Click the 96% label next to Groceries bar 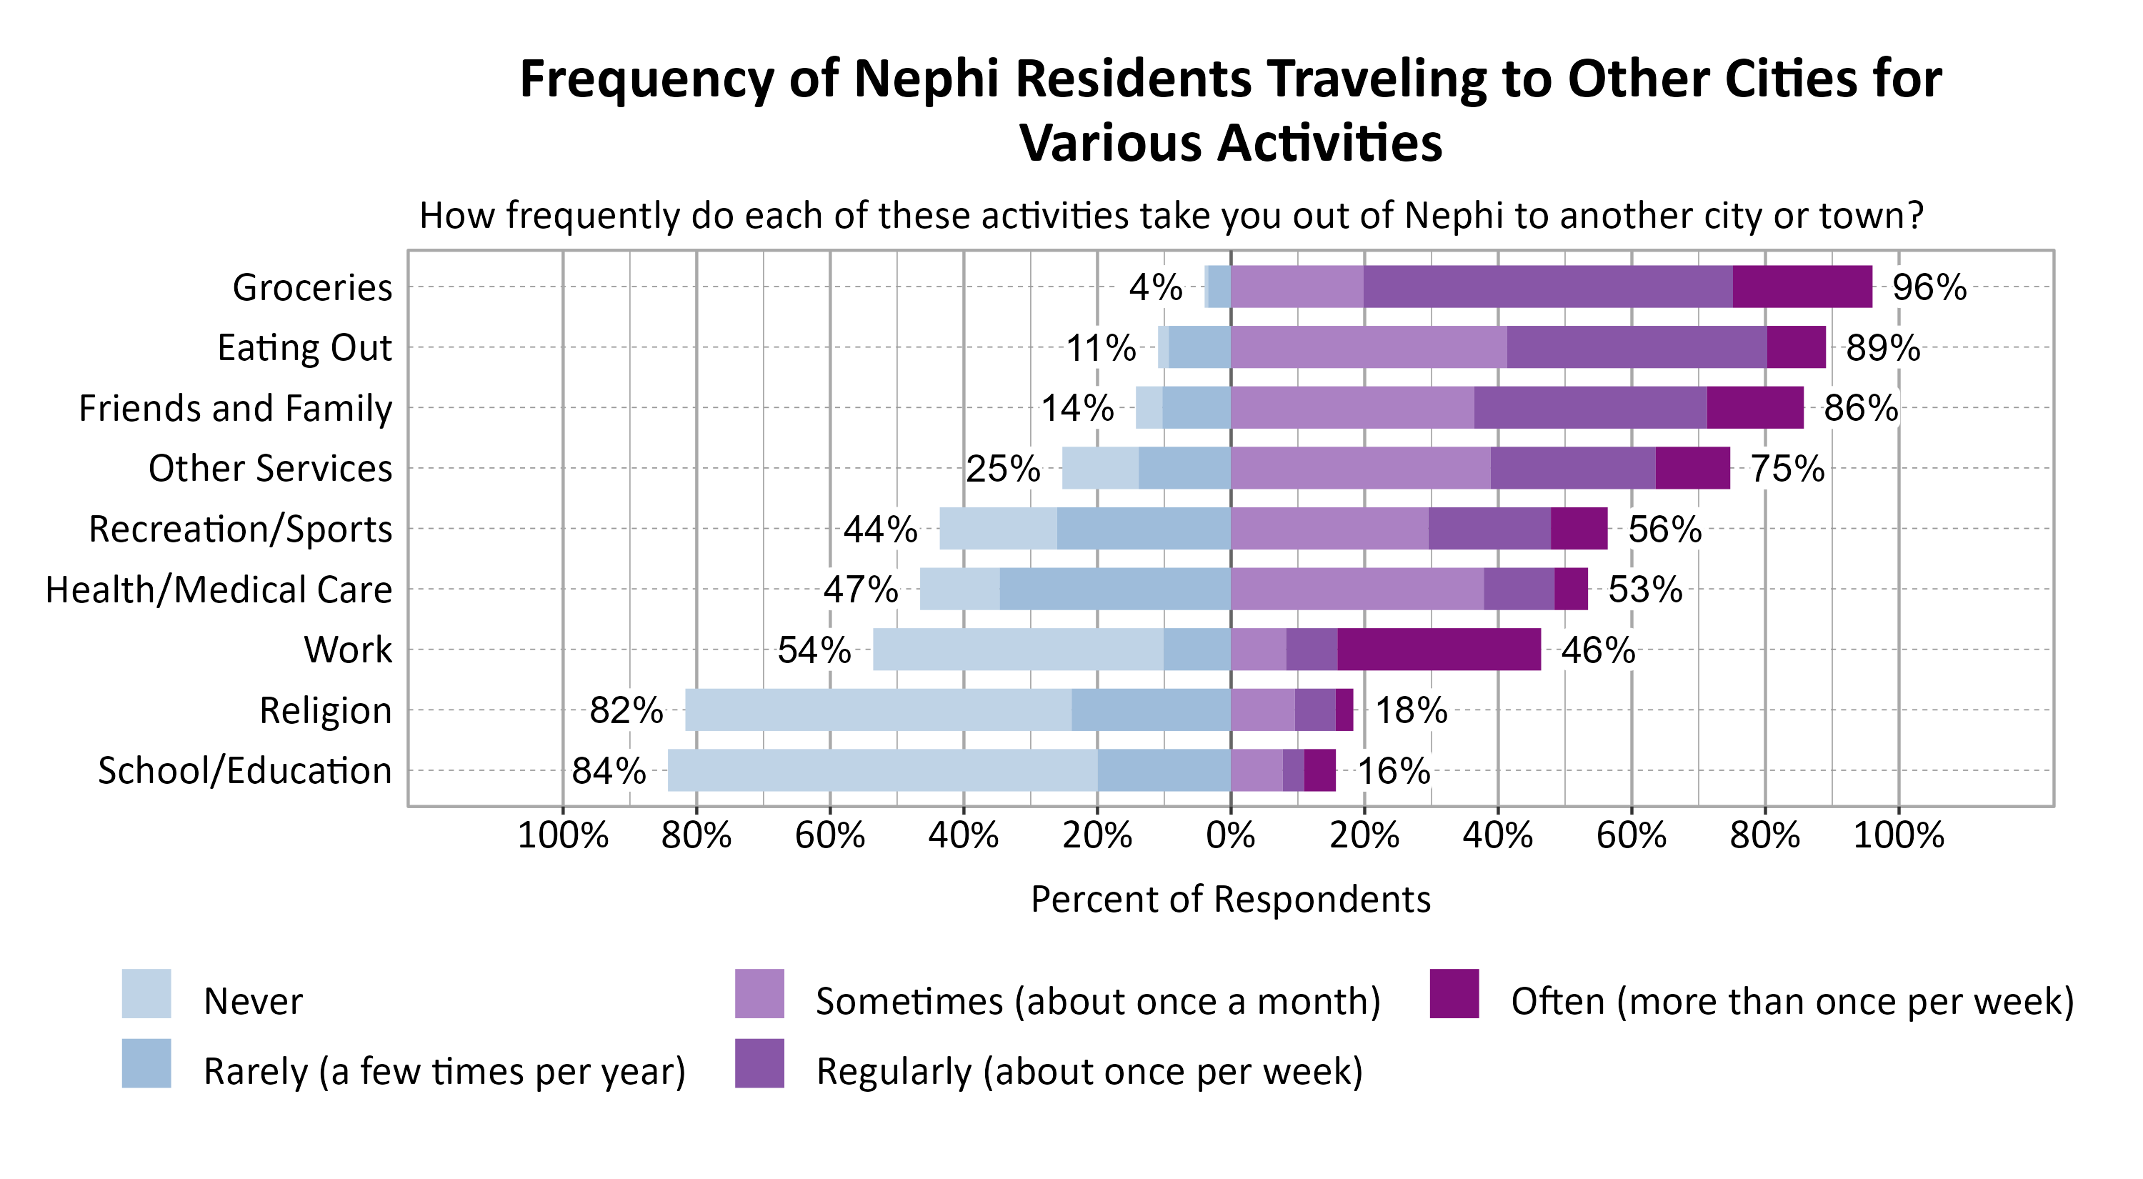coord(1929,287)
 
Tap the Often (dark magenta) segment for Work coord(1439,650)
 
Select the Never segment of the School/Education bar coord(881,770)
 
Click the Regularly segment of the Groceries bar coord(1547,287)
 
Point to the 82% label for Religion coord(626,710)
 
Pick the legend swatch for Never coord(146,993)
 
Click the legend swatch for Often coord(1454,993)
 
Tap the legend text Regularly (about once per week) coord(1089,1072)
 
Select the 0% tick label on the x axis coord(1230,835)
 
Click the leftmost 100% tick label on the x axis coord(563,835)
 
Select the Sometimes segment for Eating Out coord(1369,348)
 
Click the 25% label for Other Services coord(1002,469)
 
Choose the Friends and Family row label coord(236,409)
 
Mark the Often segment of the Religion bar coord(1344,710)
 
